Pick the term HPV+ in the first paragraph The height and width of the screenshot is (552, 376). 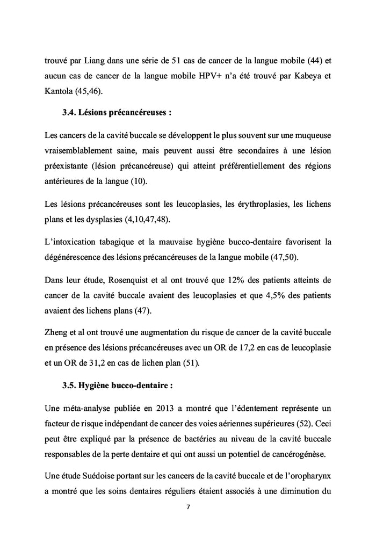[206, 76]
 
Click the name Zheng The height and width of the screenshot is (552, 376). [56, 334]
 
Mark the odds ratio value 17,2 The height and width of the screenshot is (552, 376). [243, 349]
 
